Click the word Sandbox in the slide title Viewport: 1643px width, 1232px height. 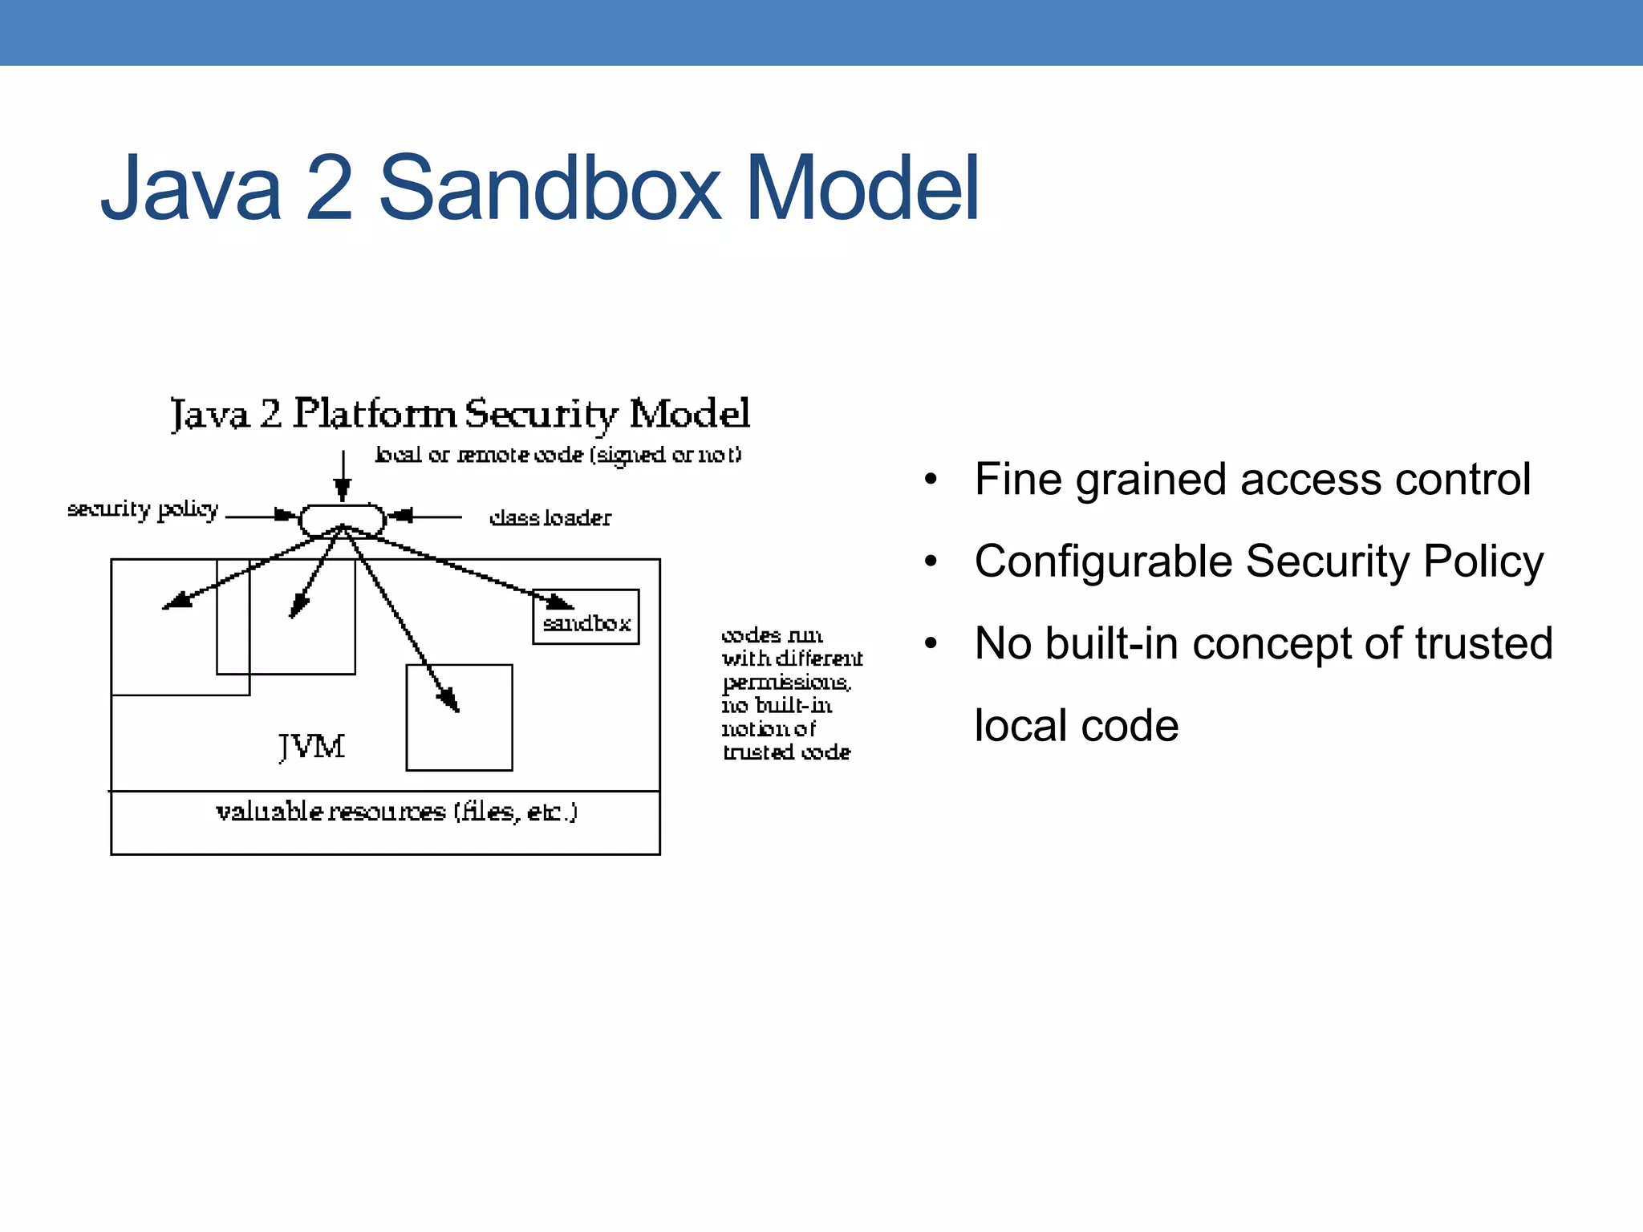point(549,189)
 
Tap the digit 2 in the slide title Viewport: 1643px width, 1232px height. point(329,189)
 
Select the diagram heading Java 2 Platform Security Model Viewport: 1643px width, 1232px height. point(460,414)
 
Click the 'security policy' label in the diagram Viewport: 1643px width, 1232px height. point(143,510)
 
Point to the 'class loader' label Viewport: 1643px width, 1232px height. point(550,518)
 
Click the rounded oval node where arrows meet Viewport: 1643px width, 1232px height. point(343,520)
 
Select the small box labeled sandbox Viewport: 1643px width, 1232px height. point(586,618)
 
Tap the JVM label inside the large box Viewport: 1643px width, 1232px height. point(312,747)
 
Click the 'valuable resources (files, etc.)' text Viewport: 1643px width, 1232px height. point(396,812)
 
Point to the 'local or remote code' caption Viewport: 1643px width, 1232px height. point(558,455)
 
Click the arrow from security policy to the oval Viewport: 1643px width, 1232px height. point(261,516)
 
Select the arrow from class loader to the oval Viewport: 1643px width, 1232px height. point(425,517)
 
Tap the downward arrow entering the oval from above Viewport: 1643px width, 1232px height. point(343,477)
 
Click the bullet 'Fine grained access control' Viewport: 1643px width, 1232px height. point(1252,480)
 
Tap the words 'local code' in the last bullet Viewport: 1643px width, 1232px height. point(1076,725)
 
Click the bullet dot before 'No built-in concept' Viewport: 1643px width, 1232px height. point(931,643)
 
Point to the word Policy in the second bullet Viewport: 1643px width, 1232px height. point(1483,561)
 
